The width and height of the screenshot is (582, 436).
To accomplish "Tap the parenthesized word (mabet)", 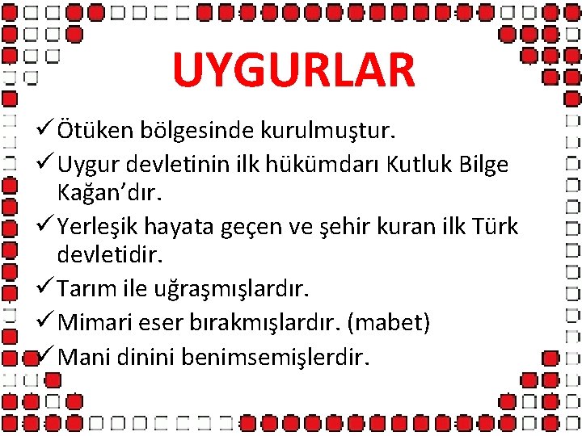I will [x=388, y=323].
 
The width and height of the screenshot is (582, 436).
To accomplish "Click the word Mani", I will [x=85, y=356].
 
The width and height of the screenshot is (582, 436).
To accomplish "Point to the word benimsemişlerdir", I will [x=273, y=356].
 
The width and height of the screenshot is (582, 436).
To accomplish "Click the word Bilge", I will [x=485, y=165].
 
